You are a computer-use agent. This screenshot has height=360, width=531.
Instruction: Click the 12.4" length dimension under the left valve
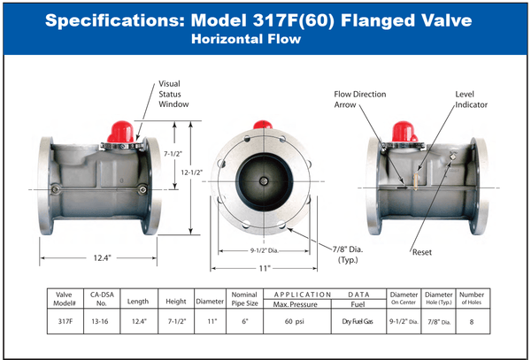(x=103, y=258)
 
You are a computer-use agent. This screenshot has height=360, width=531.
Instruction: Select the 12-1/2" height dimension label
(x=192, y=172)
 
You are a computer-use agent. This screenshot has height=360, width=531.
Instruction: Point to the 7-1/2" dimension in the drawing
(x=173, y=154)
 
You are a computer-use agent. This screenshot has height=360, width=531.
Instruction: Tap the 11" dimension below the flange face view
(x=265, y=269)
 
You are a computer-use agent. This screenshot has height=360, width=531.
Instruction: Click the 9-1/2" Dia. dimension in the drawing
(x=264, y=250)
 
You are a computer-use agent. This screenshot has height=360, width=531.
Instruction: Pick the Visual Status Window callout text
(x=173, y=94)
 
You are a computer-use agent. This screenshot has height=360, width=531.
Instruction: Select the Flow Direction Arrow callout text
(x=360, y=99)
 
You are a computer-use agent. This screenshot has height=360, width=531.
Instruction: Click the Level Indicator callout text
(x=471, y=99)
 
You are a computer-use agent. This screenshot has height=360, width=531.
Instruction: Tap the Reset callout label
(x=422, y=252)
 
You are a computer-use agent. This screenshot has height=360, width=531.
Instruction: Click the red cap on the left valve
(x=121, y=132)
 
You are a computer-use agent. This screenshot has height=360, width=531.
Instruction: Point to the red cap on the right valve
(x=404, y=132)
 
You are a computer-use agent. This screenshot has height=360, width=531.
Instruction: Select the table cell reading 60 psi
(x=295, y=321)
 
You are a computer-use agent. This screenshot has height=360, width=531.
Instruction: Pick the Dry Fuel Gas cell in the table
(x=358, y=321)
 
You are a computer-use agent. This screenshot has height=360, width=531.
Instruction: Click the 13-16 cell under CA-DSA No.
(x=100, y=321)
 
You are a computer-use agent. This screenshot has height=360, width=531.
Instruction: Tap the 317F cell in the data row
(x=65, y=321)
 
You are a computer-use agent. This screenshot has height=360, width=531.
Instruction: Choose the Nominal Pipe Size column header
(x=244, y=299)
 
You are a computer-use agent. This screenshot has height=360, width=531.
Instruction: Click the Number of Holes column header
(x=472, y=298)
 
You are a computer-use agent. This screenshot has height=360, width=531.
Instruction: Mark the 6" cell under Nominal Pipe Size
(x=245, y=321)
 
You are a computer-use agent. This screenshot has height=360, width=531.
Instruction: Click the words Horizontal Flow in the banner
(x=246, y=39)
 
